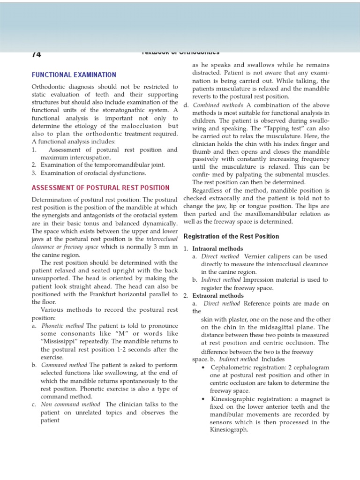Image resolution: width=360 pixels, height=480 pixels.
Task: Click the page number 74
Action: coord(37,54)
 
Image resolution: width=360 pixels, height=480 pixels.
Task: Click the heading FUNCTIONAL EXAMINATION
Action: coord(74,75)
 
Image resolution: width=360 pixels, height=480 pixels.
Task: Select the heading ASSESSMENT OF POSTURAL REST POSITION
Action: coord(100,187)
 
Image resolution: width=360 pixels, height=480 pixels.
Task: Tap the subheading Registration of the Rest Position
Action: coord(231,236)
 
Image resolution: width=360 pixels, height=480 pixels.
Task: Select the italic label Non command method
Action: coord(70,405)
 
